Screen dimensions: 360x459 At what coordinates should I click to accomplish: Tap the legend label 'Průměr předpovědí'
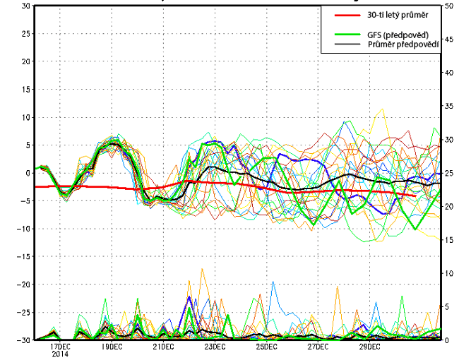tap(403, 44)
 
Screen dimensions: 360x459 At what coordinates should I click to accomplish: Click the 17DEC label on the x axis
tap(60, 347)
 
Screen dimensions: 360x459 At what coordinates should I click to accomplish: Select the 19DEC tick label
tap(112, 347)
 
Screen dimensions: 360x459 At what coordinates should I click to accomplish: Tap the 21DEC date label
tap(163, 347)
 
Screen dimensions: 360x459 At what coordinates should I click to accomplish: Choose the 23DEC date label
tap(215, 347)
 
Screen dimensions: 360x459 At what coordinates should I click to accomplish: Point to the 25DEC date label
tap(266, 347)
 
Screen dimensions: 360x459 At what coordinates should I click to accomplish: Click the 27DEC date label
tap(318, 347)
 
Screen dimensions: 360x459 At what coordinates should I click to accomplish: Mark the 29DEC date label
tap(369, 347)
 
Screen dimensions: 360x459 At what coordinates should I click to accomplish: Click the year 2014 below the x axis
tap(60, 354)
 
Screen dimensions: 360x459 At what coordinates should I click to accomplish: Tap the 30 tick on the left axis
tap(25, 6)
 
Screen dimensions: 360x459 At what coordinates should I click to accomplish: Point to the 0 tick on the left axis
tap(28, 173)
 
